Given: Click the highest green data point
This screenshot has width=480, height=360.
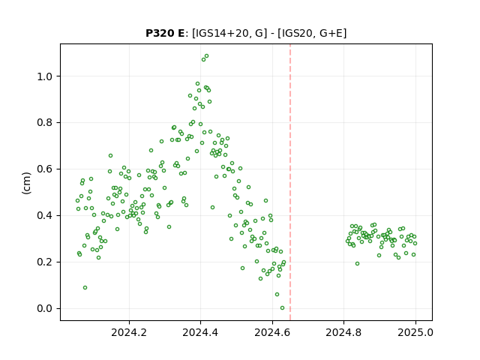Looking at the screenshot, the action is (207, 56).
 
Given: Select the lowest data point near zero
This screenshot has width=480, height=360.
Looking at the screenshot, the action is (282, 308).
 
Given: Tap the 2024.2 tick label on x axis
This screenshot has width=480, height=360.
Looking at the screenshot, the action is (129, 332).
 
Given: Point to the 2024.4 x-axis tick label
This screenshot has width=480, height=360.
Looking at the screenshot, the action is (200, 332).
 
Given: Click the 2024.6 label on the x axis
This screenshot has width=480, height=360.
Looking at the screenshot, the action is (272, 332).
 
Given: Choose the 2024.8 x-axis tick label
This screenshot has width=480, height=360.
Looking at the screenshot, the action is (343, 332).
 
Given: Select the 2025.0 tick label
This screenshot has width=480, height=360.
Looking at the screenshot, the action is (415, 332).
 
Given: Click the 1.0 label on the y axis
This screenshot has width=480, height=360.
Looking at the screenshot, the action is (45, 76).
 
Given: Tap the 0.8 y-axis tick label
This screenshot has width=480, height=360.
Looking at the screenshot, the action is (45, 123).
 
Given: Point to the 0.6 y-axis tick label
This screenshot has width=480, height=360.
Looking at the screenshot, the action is (45, 169).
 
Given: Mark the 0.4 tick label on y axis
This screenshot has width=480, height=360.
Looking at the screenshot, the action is (45, 216).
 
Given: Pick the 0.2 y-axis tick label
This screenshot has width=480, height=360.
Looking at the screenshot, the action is (45, 262).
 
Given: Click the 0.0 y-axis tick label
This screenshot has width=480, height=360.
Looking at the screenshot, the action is (45, 308).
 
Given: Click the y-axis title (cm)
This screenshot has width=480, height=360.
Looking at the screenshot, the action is (27, 183).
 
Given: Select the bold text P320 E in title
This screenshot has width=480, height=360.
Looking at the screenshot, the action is (165, 33).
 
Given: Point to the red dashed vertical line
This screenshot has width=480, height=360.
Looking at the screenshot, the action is (290, 182).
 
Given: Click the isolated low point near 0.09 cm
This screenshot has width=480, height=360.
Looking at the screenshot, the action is (85, 287).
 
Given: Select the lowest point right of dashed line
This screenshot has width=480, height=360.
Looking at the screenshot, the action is (357, 263).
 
